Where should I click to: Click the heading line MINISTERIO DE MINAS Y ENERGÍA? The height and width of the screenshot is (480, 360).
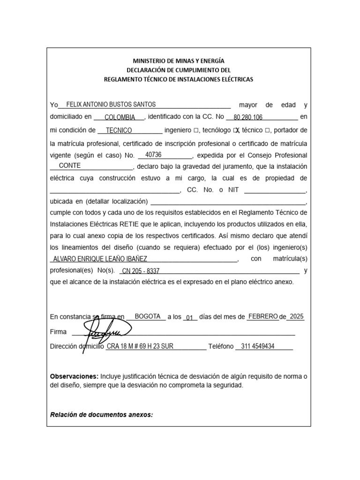[179, 61]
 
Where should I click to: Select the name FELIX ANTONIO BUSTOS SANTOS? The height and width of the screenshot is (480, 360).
[111, 105]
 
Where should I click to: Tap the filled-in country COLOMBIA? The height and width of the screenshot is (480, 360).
[120, 117]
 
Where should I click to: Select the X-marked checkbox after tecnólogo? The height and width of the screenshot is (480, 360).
[237, 130]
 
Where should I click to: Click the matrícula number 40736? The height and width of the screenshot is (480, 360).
[153, 155]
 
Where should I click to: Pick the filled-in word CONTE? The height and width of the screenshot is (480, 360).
[70, 166]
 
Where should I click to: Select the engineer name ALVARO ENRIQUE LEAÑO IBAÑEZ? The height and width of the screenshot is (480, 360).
[100, 259]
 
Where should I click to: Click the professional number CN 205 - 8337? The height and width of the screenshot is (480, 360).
[141, 271]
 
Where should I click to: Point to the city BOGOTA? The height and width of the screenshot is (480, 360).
[148, 316]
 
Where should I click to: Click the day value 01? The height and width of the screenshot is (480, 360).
[189, 318]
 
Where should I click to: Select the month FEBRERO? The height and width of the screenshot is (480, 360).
[263, 316]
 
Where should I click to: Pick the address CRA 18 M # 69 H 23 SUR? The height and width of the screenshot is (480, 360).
[140, 346]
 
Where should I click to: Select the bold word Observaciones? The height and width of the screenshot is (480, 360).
[74, 376]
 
